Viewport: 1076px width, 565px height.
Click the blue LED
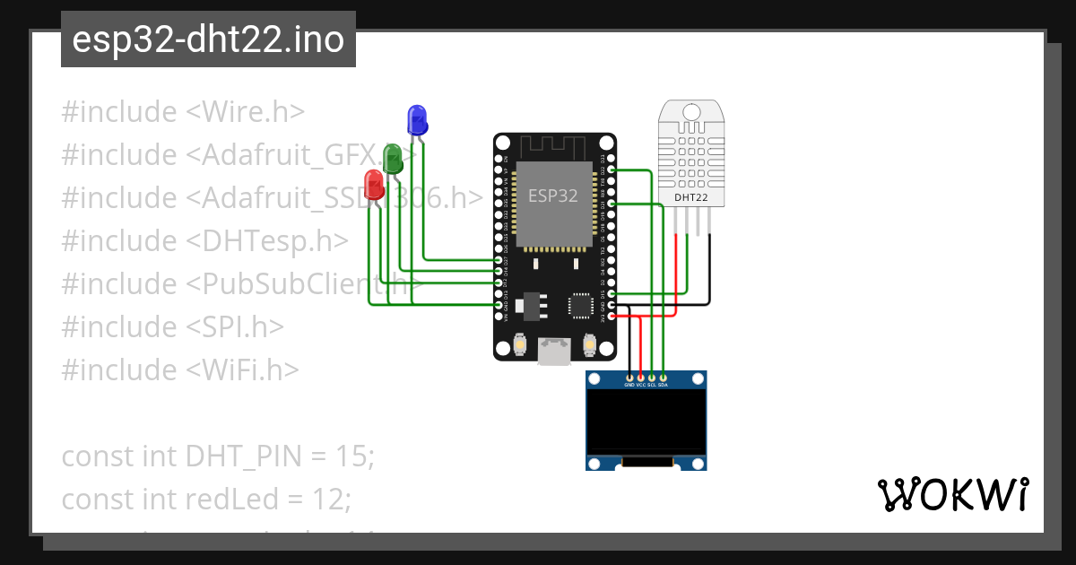[417, 120]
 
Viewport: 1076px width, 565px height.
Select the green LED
[393, 159]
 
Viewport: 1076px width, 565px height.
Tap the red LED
[374, 186]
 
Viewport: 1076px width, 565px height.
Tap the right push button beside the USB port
[590, 344]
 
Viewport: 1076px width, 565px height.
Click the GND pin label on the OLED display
[629, 385]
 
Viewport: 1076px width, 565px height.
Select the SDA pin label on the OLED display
[663, 385]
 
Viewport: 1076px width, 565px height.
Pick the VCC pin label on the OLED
[640, 385]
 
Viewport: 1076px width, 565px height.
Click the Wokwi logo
[952, 494]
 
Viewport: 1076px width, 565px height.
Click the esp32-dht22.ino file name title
[208, 40]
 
